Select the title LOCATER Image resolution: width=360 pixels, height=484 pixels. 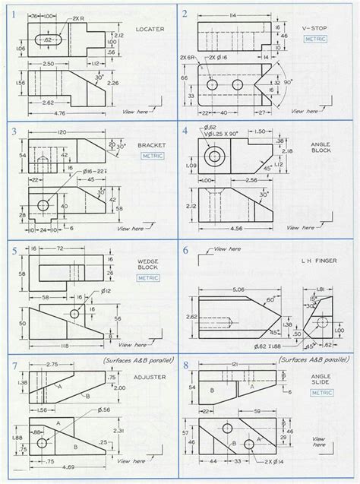click(150, 29)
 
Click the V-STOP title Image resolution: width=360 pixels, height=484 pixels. click(314, 27)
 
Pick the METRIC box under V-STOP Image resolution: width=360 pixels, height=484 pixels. click(314, 37)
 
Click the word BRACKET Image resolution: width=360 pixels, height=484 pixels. click(151, 145)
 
